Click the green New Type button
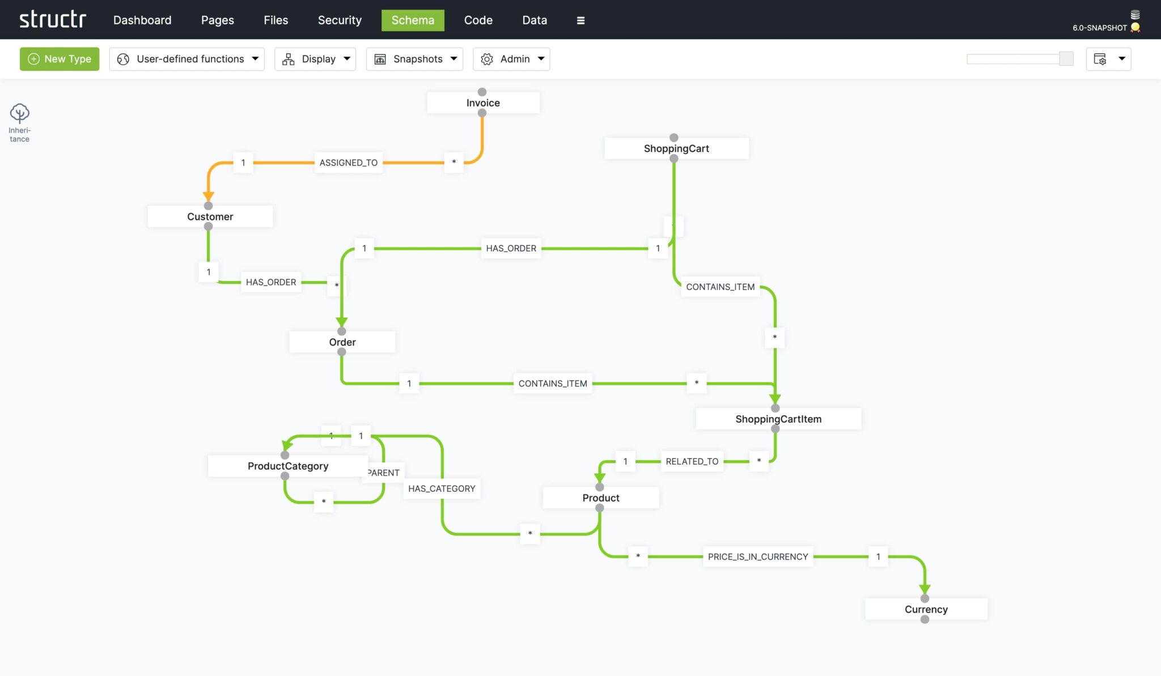(60, 59)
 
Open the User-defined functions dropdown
(187, 59)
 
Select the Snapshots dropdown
(414, 59)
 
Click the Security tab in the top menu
(340, 20)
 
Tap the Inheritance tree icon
(19, 113)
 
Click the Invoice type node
(483, 103)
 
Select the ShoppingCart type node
(676, 148)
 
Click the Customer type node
(210, 216)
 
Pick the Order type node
(342, 342)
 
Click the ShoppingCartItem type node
(778, 419)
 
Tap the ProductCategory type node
(288, 466)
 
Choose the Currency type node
(926, 610)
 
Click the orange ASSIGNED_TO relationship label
(348, 163)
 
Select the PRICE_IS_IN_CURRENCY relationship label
(757, 557)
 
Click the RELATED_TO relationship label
(692, 462)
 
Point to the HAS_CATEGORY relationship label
(442, 489)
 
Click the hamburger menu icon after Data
(580, 20)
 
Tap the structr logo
(53, 20)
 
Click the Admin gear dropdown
(511, 59)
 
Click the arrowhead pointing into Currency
(925, 589)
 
